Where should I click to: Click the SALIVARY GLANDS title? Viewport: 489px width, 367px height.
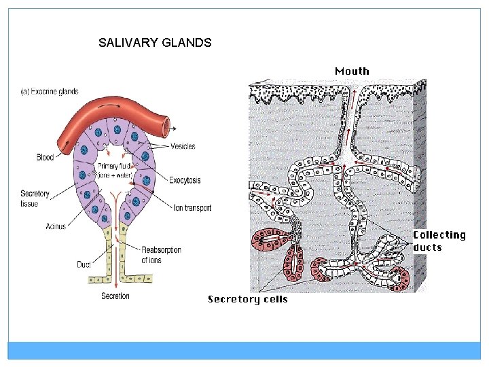[x=155, y=43]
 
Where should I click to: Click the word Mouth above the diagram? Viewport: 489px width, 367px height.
[x=352, y=71]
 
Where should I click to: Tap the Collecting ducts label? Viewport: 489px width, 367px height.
[x=439, y=241]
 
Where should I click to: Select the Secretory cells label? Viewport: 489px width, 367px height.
[x=247, y=299]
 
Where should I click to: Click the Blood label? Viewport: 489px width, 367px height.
[x=45, y=158]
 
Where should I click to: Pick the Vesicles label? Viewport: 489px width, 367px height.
[x=183, y=146]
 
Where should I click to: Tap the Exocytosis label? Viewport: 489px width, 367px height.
[x=185, y=180]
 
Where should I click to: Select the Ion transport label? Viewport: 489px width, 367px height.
[x=192, y=208]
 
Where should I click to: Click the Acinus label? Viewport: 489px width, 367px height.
[x=56, y=226]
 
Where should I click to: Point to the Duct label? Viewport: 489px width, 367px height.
[x=84, y=264]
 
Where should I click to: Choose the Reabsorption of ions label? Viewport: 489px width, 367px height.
[x=161, y=255]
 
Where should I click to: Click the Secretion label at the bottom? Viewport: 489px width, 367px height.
[x=115, y=296]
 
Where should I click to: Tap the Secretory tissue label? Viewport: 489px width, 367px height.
[x=35, y=198]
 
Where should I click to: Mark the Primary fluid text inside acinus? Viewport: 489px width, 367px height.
[x=116, y=170]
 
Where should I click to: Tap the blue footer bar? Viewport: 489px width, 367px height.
[x=244, y=350]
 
